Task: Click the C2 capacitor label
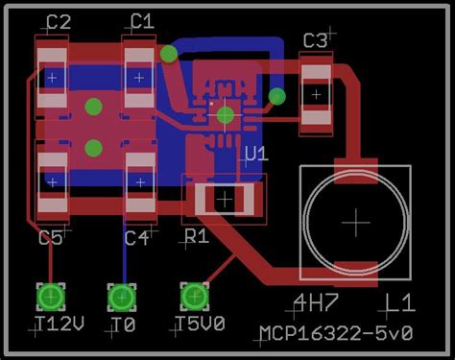tap(59, 21)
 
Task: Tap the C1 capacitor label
tap(142, 21)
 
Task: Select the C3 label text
tap(315, 40)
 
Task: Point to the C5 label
tap(51, 237)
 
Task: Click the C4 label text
tap(136, 237)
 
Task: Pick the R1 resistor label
tap(197, 236)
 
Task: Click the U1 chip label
tap(256, 154)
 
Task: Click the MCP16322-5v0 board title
tap(335, 333)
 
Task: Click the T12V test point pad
tap(51, 294)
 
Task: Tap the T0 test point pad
tap(122, 294)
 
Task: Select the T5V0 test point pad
tap(195, 294)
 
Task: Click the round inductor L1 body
tap(356, 221)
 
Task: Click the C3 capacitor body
tap(316, 92)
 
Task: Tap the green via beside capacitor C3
tap(277, 96)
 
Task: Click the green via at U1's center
tap(225, 115)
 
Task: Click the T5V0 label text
tap(201, 324)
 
